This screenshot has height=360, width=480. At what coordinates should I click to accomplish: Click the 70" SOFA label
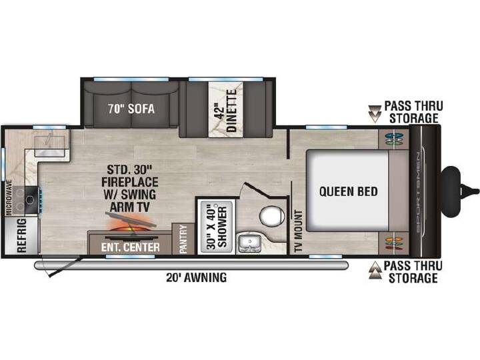click(x=131, y=109)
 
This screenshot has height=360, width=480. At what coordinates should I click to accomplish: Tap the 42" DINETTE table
click(x=226, y=109)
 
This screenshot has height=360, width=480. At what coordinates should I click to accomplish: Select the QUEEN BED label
click(x=349, y=191)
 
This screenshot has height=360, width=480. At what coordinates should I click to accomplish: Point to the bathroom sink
click(x=249, y=243)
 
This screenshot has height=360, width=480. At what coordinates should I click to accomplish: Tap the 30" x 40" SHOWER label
click(x=217, y=227)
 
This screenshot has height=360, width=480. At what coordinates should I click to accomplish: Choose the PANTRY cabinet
click(x=183, y=239)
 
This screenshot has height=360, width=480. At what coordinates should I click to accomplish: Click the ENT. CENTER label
click(x=131, y=247)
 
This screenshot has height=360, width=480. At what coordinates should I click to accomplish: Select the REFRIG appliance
click(x=21, y=235)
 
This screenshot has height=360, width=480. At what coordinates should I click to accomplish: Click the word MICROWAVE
click(x=9, y=197)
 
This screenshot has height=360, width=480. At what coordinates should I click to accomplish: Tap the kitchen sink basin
click(x=49, y=144)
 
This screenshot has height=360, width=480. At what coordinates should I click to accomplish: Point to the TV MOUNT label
click(x=298, y=231)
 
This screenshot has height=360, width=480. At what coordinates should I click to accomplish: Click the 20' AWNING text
click(x=197, y=277)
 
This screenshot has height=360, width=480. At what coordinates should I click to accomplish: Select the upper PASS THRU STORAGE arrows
click(x=374, y=114)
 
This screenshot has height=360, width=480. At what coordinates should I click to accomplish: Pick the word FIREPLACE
click(x=130, y=182)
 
